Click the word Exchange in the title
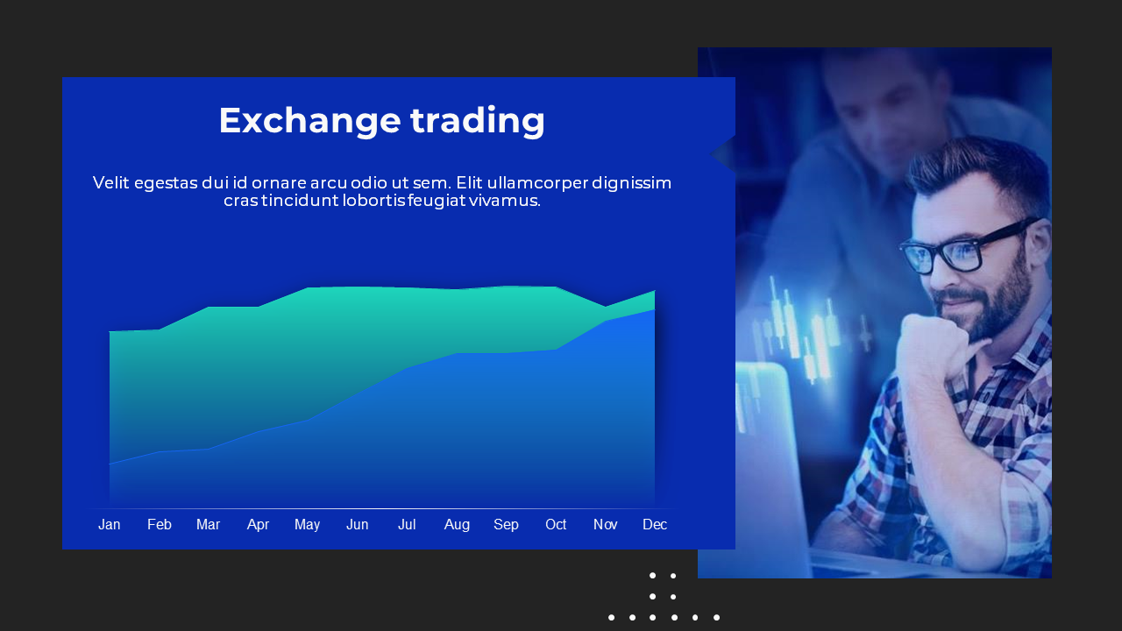pos(310,121)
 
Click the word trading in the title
pos(478,121)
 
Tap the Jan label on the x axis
pos(110,524)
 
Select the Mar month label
pos(208,524)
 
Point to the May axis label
pos(307,525)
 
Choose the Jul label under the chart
pos(407,524)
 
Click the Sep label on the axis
pos(506,525)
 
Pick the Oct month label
pos(556,524)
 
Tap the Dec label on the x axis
pos(655,524)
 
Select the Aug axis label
pos(457,525)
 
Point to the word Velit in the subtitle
pos(111,183)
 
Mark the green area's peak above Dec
pos(655,290)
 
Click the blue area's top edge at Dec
pos(654,310)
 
